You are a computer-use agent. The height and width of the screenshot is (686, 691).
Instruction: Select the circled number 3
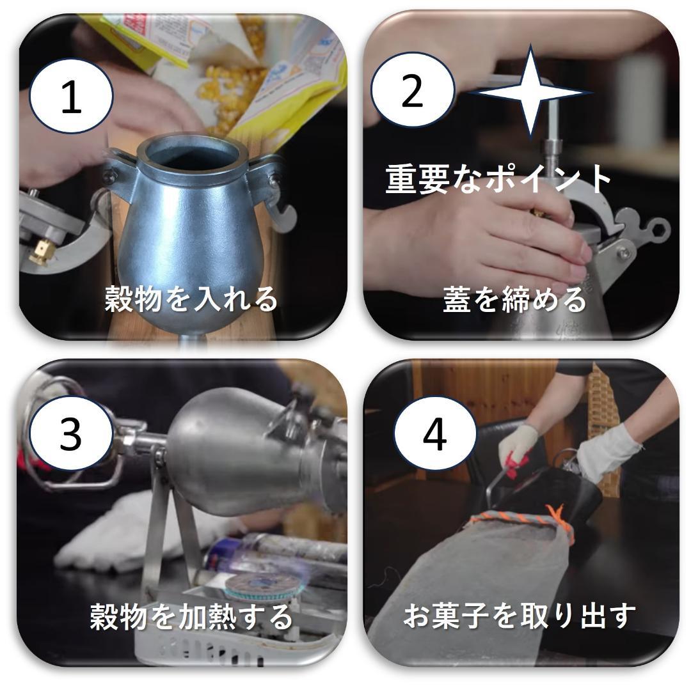coord(70,434)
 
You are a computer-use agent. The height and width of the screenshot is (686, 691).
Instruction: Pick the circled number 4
coord(434,435)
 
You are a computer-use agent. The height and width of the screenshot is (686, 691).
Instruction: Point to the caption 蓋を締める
coord(514,300)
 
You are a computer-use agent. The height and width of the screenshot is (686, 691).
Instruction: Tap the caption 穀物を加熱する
coord(191,616)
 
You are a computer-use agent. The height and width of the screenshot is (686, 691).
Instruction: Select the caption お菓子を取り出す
coord(519,616)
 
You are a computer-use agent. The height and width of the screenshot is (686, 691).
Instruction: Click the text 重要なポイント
coord(499,179)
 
